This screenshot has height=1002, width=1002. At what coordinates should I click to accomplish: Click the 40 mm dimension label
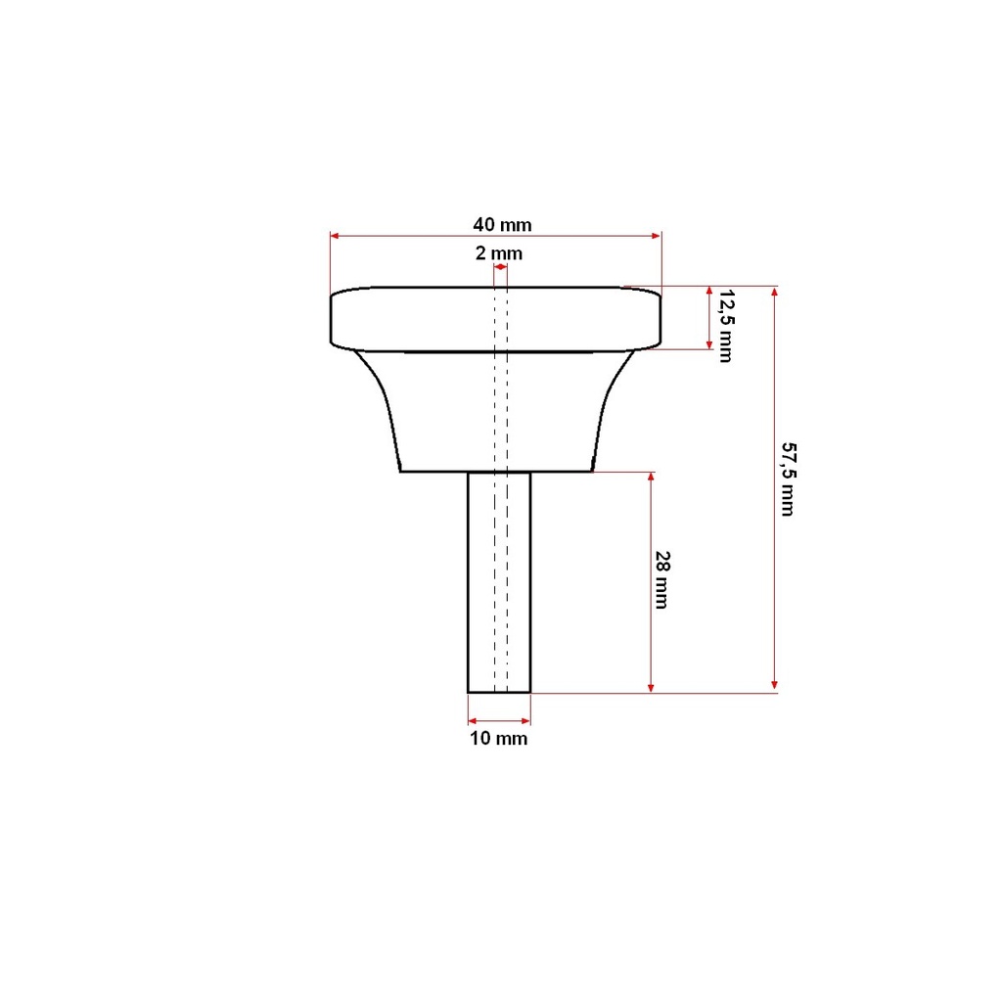(502, 225)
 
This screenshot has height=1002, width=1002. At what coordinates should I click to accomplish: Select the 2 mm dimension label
(499, 253)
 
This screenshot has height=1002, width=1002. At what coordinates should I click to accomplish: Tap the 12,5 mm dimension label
(727, 326)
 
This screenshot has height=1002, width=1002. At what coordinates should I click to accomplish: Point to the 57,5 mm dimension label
(789, 478)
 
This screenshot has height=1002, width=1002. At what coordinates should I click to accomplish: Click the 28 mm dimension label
(662, 579)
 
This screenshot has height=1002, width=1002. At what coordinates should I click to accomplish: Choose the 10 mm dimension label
(499, 739)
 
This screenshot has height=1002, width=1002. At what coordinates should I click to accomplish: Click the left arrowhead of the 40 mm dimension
(335, 236)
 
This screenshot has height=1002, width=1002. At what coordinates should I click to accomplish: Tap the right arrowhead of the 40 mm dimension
(657, 236)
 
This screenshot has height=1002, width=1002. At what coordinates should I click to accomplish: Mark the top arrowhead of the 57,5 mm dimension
(775, 292)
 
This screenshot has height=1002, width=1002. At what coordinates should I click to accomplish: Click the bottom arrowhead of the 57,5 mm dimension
(775, 686)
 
